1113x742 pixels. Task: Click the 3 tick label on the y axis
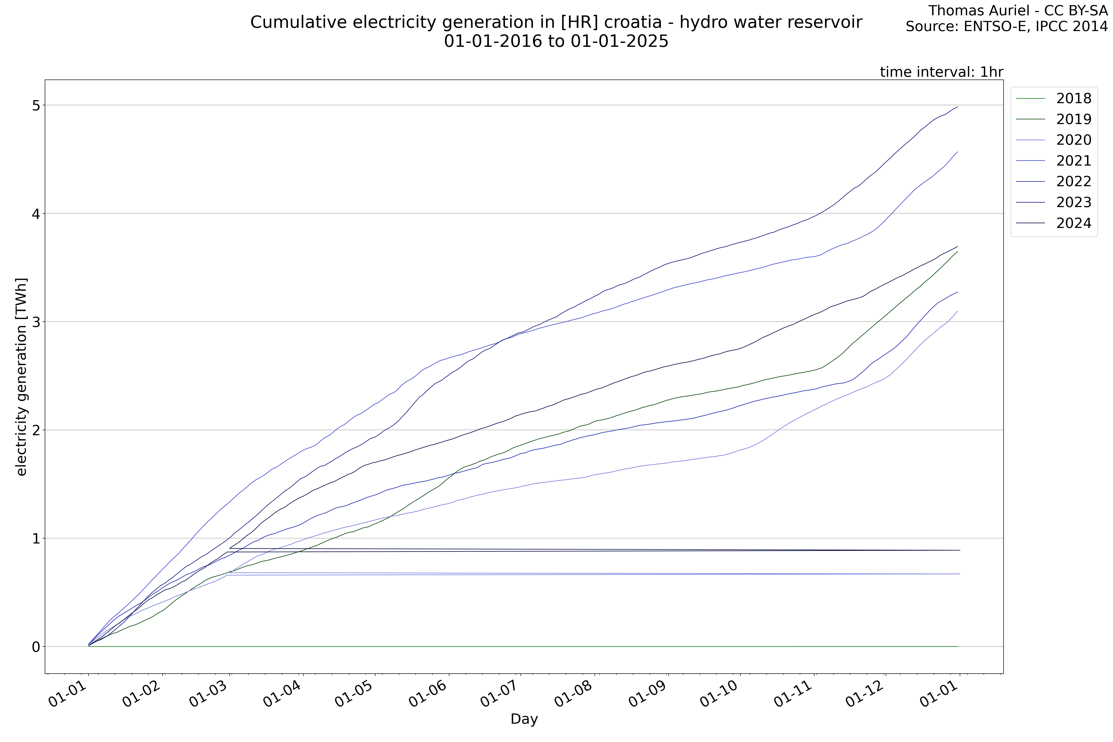[x=36, y=322]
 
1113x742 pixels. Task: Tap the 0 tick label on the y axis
[x=36, y=646]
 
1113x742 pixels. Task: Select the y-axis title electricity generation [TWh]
[x=21, y=377]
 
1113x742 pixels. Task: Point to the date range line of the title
[x=556, y=42]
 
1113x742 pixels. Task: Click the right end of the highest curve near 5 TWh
[x=957, y=107]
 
